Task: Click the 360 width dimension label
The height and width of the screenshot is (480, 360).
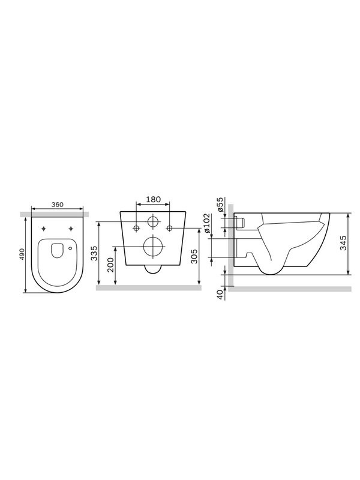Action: pos(57,205)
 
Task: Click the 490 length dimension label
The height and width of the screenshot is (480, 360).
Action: pos(22,254)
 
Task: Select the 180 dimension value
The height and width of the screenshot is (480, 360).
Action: pos(153,200)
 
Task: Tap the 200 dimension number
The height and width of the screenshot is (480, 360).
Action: pos(110,265)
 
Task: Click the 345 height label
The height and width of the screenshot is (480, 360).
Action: pos(343,243)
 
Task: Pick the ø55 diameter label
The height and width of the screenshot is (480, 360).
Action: pos(220,205)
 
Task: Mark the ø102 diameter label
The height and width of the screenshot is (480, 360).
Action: pos(206,224)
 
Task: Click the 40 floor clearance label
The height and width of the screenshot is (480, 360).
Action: pos(220,295)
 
